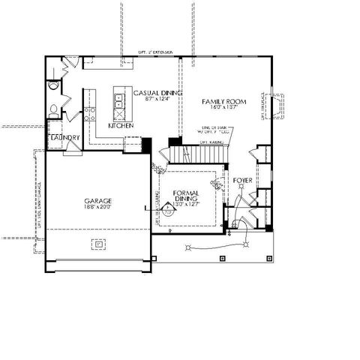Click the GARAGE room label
click(98, 201)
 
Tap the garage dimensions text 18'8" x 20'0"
click(98, 208)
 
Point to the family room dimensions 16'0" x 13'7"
click(224, 108)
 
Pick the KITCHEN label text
click(120, 126)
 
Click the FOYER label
click(242, 181)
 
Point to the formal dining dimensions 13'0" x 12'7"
click(184, 205)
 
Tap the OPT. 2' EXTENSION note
click(156, 52)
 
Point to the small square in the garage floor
click(97, 242)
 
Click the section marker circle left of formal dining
click(168, 212)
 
